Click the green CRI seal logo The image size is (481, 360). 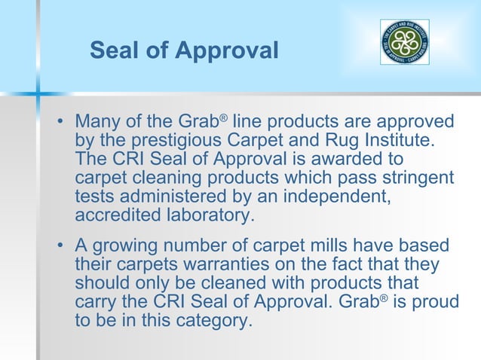(404, 42)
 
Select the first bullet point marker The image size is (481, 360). (62, 123)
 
